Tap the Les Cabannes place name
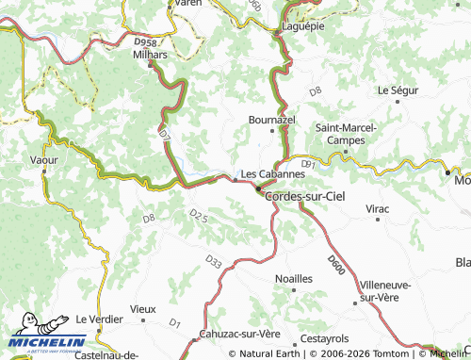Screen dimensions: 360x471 coord(273,174)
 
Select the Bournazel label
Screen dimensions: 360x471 coord(271,122)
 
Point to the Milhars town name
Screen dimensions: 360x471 coord(150,55)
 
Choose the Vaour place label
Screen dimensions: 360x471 coord(43,161)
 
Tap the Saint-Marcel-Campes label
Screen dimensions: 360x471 coord(346,133)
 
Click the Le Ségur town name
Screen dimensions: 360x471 coord(397,90)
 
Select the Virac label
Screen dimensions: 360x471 coord(378,207)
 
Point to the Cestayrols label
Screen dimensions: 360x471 coord(324,338)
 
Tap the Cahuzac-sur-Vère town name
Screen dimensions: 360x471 coord(240,335)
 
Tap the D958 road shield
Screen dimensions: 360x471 coord(145,42)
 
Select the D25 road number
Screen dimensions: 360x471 coord(198,216)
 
